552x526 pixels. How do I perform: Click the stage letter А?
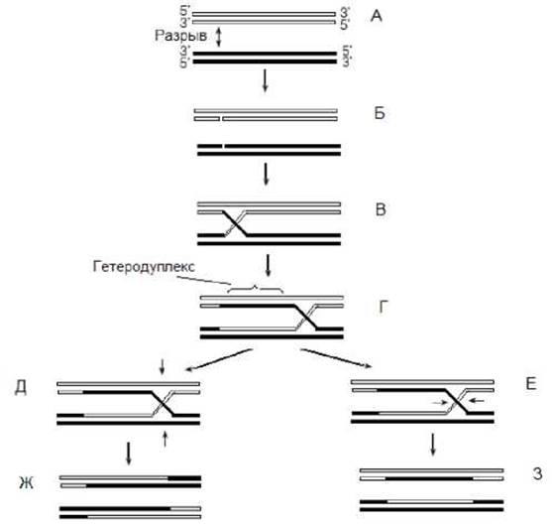(377, 16)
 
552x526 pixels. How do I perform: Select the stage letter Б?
(380, 113)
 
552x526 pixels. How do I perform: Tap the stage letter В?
(381, 209)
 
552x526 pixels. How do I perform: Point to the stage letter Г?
(383, 307)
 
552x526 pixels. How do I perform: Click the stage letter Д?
(21, 388)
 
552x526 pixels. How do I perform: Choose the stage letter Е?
(531, 383)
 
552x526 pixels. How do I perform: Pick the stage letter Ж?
(27, 482)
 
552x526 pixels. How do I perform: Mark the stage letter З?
(537, 473)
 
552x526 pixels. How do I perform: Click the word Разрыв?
(181, 36)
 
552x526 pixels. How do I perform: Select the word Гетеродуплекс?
(144, 267)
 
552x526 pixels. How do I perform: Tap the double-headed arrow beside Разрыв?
(219, 37)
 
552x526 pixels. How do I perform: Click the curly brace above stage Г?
(256, 288)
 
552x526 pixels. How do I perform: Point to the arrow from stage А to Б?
(265, 80)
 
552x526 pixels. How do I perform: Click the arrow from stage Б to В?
(267, 174)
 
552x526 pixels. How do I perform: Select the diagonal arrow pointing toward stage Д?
(219, 360)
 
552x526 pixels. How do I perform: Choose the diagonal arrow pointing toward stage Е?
(336, 358)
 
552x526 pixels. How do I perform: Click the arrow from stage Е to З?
(433, 445)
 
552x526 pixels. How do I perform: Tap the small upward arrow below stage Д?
(165, 439)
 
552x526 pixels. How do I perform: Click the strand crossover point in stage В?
(236, 223)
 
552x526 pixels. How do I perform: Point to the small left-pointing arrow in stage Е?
(478, 400)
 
